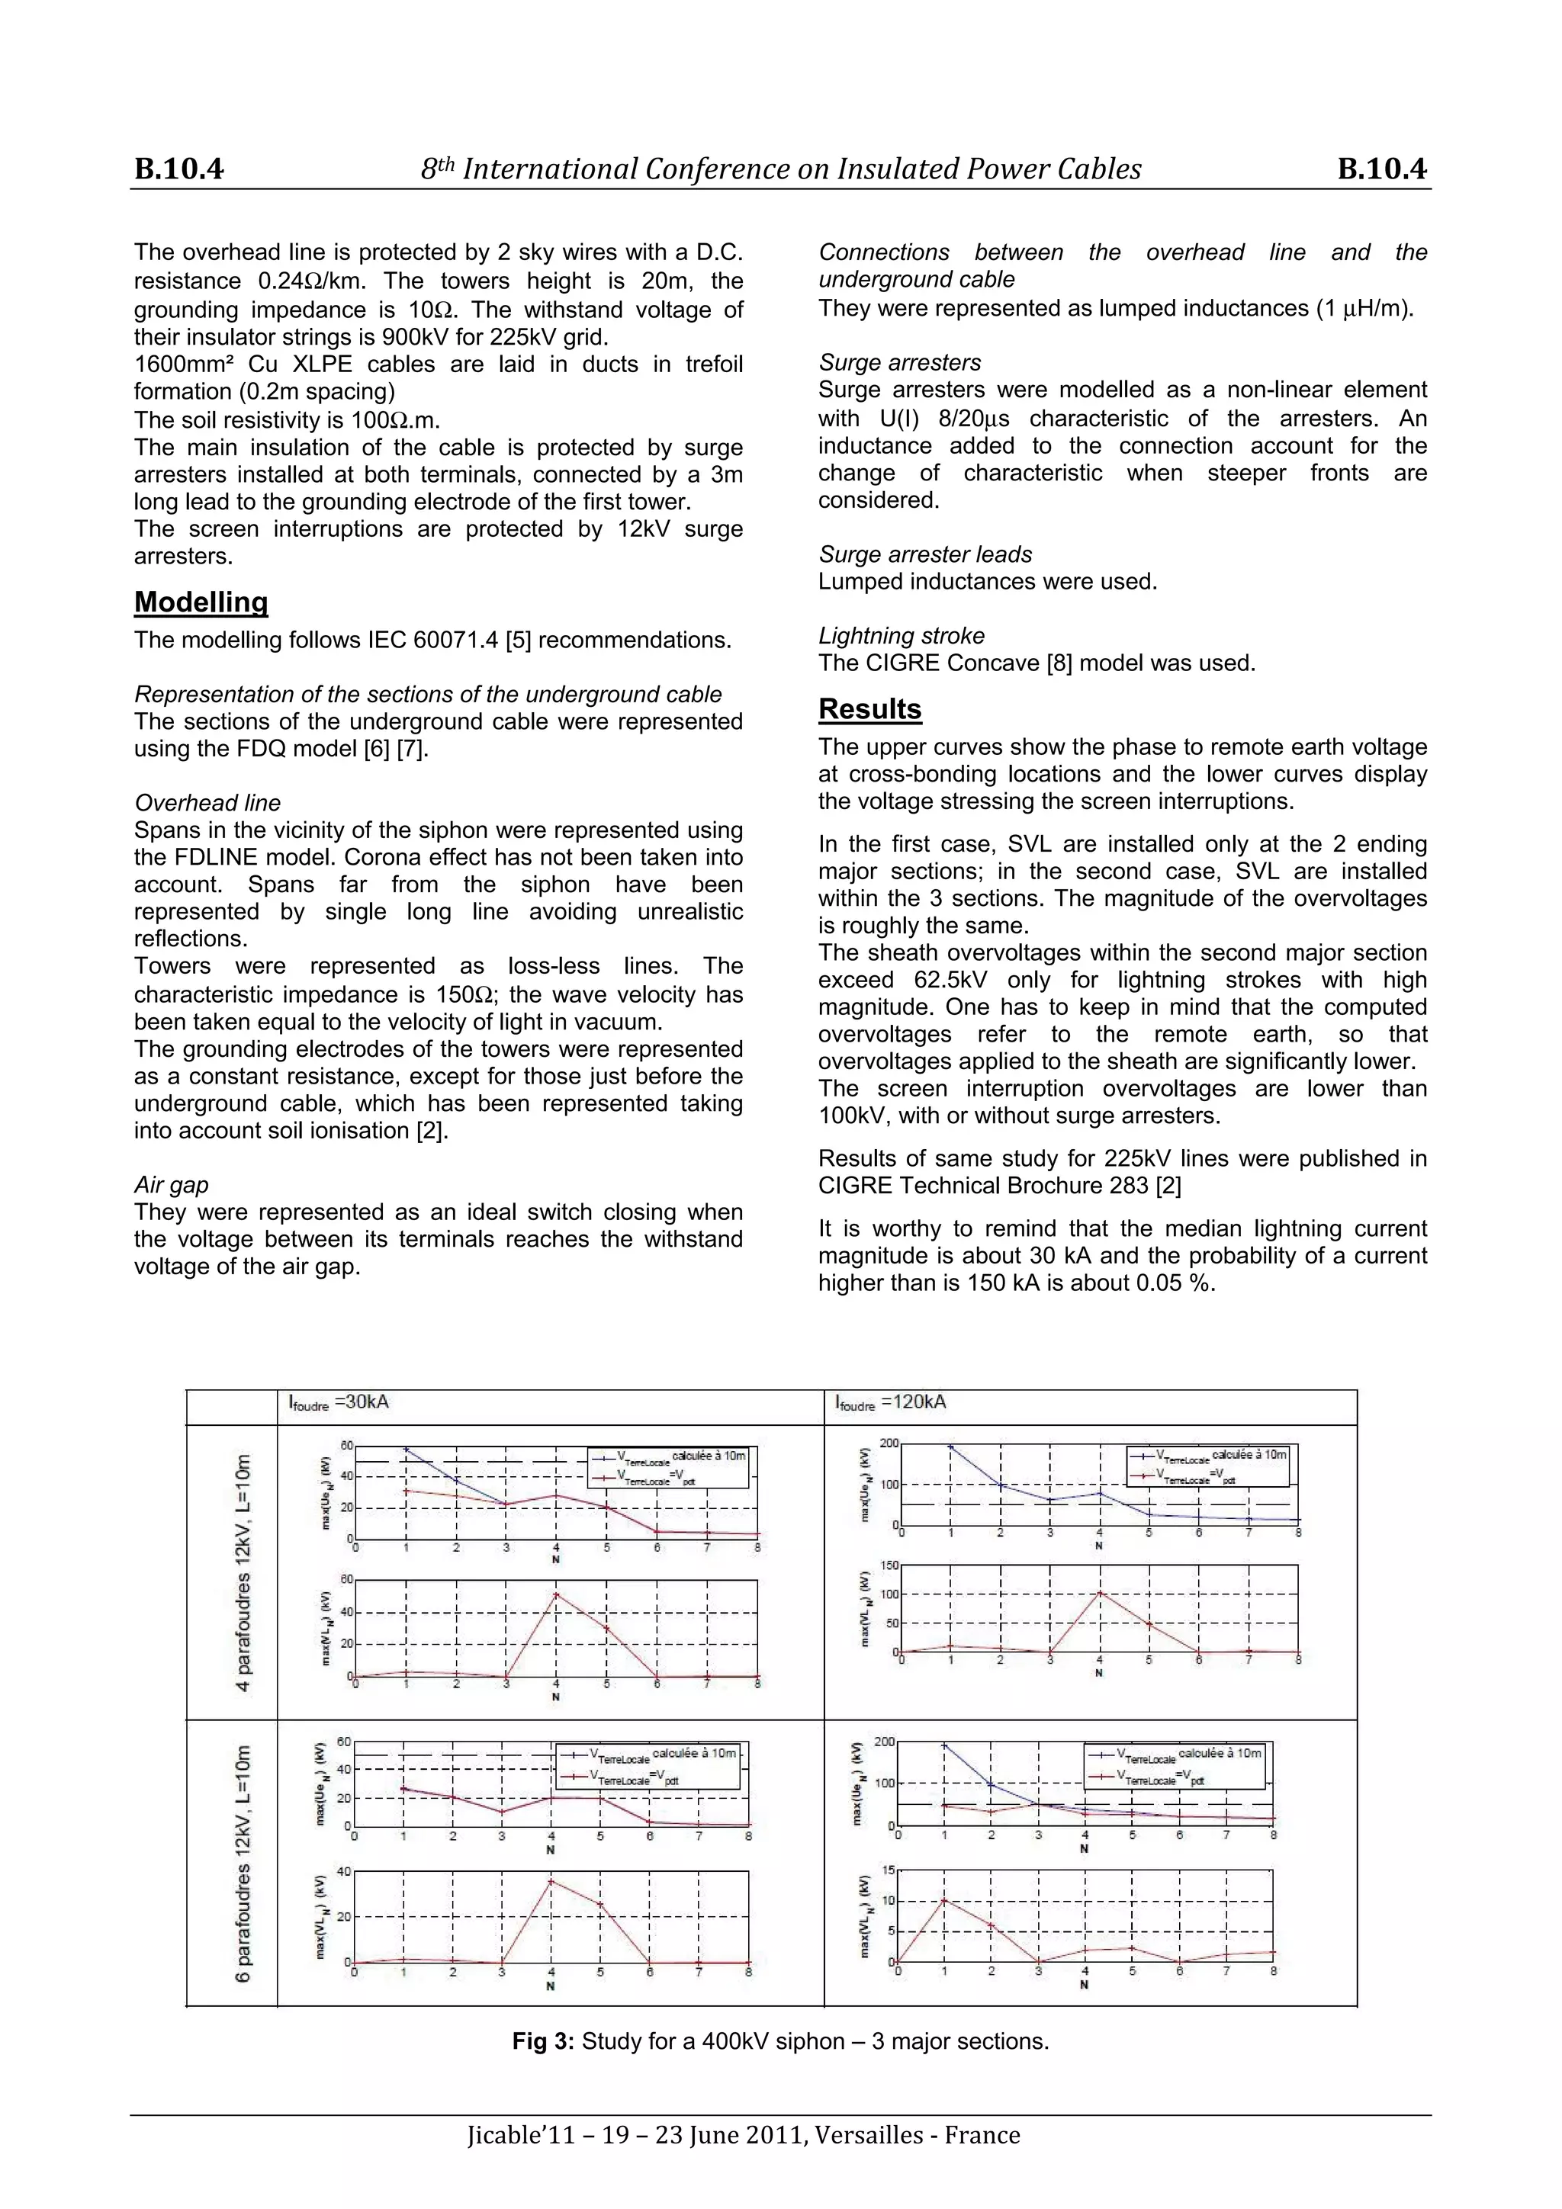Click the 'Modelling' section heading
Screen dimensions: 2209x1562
[x=201, y=602]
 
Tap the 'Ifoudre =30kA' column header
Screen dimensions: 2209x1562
[x=339, y=1403]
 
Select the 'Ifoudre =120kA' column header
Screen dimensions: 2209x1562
[x=890, y=1403]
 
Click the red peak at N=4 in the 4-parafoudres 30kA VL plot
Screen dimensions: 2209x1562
[x=556, y=1595]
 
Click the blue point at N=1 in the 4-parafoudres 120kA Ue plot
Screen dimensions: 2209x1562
[x=951, y=1446]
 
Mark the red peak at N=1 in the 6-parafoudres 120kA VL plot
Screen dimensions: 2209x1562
[x=944, y=1900]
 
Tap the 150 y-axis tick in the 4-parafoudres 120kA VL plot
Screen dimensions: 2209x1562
[x=890, y=1566]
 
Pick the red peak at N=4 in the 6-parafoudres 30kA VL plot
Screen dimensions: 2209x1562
[x=551, y=1882]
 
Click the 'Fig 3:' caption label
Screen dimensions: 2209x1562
[x=543, y=2041]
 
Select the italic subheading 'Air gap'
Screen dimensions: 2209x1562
[x=172, y=1185]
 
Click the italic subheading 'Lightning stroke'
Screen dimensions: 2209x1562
[x=901, y=636]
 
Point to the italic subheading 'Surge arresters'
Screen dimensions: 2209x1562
[x=899, y=363]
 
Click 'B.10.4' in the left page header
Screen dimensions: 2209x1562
[x=179, y=169]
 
